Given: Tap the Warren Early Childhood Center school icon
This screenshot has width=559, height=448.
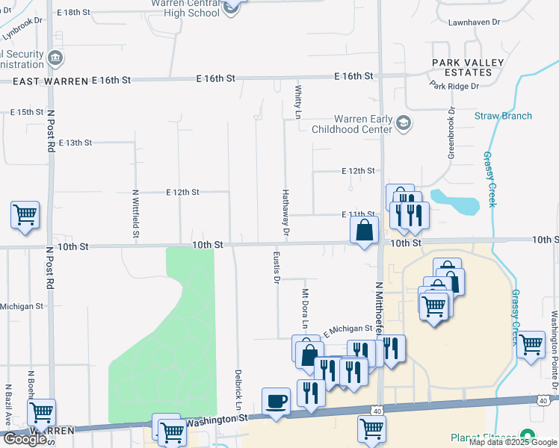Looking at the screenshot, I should point(404,123).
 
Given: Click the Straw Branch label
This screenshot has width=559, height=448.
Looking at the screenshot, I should point(503,116).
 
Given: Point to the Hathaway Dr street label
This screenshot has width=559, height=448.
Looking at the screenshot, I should point(285,214).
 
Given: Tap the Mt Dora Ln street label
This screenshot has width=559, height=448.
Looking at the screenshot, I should point(305,308).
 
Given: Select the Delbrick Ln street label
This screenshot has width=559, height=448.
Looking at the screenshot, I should point(238,389).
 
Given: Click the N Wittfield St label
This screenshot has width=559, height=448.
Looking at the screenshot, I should point(136,214).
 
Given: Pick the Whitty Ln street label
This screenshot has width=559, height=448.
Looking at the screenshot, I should point(297,102).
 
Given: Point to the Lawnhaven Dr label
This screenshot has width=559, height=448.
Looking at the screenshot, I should point(474,22).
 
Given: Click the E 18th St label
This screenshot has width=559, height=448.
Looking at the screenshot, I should point(72,13).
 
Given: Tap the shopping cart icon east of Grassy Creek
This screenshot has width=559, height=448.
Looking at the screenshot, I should point(530,345).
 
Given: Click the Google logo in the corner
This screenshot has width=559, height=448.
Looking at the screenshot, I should point(24,439).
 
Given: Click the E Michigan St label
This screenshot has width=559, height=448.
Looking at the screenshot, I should point(348,329).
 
